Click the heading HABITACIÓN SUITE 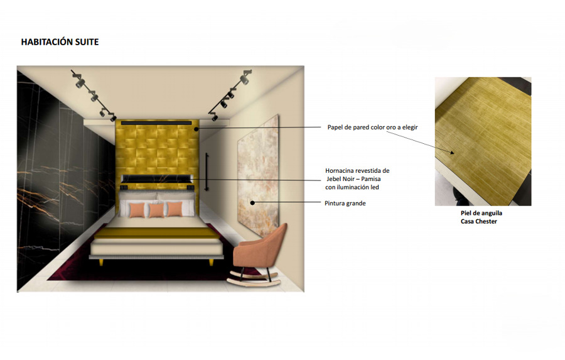[60, 42]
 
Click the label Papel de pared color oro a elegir [372, 128]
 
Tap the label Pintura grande [345, 204]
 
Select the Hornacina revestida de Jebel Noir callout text [357, 179]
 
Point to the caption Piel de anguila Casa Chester [481, 217]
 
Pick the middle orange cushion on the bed [156, 210]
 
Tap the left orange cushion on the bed [137, 210]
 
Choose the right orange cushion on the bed [175, 209]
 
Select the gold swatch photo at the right [483, 141]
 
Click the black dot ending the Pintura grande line [252, 203]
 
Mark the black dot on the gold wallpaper [196, 129]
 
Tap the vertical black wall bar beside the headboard [207, 172]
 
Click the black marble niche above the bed [156, 179]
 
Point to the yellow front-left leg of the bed [102, 263]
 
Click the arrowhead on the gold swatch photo [451, 153]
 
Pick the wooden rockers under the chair [254, 280]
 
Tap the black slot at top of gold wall [156, 123]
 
